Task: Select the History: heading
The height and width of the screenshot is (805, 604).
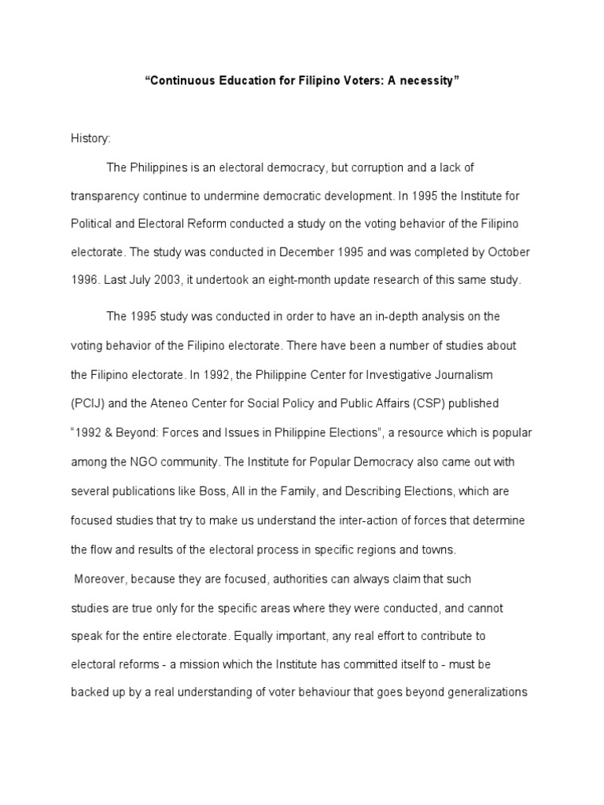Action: coord(90,139)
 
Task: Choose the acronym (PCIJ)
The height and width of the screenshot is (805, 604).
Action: coord(89,403)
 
